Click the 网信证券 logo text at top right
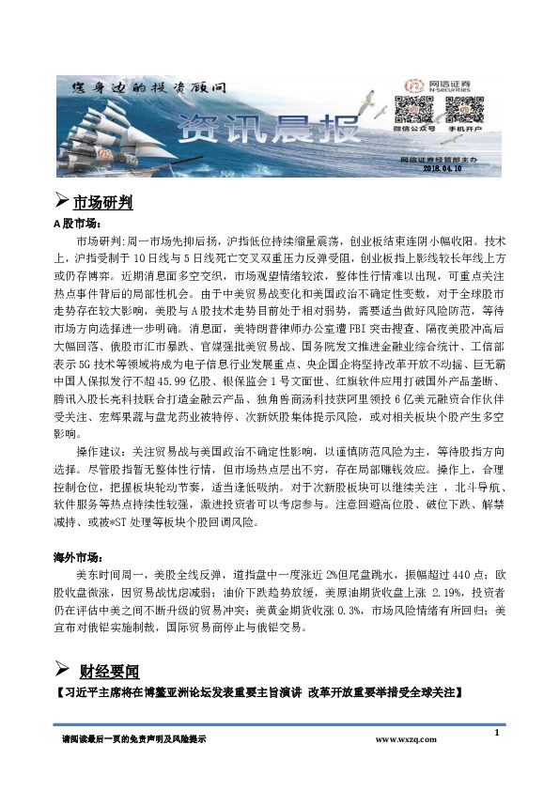click(x=447, y=82)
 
